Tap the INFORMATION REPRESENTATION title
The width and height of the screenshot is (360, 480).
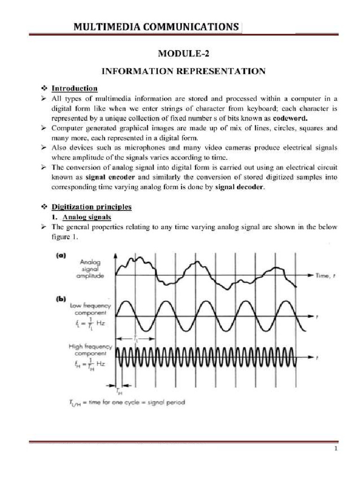click(x=184, y=71)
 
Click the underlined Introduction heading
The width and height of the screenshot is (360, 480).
click(x=75, y=88)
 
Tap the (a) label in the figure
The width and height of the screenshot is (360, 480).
click(x=61, y=256)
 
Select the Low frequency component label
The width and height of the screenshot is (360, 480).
click(x=90, y=309)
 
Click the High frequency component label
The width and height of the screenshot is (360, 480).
click(x=90, y=350)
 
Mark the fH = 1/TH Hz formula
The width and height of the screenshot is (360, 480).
click(x=87, y=364)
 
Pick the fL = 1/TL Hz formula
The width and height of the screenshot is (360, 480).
click(x=87, y=323)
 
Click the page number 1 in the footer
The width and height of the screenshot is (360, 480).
click(x=336, y=449)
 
